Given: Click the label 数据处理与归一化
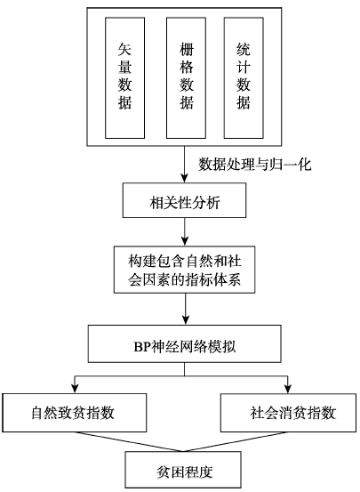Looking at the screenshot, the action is pos(254,165).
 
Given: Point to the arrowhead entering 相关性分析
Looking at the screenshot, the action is pos(185,179).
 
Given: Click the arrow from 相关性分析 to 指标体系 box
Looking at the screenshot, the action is pos(185,232).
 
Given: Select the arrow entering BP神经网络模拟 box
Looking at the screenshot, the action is pos(185,309).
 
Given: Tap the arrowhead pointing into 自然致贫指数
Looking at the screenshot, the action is pos(75,389).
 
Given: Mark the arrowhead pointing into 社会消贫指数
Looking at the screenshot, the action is pos(288,389).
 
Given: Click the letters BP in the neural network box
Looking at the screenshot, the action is pos(142,347).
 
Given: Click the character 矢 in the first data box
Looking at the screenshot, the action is pos(124,49).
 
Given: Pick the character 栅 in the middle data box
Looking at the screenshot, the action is pos(187,49).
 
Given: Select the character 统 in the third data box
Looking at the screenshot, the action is pos(244,49).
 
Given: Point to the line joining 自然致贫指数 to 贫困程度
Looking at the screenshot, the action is pos(129,442).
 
